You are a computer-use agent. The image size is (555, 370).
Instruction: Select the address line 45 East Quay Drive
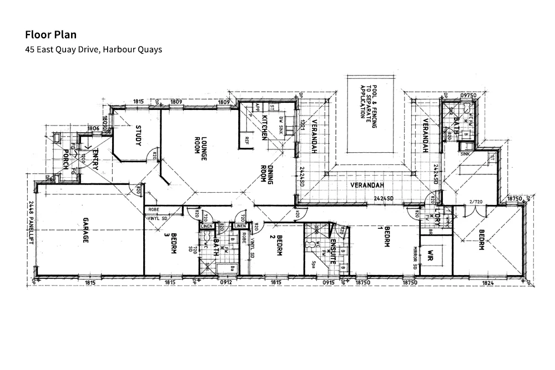point(93,49)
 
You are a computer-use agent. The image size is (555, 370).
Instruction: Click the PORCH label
point(65,162)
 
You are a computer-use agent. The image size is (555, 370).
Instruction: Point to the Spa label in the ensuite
point(314,264)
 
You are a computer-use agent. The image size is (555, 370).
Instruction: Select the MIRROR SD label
point(415,258)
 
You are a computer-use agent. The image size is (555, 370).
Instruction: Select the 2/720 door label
point(477,202)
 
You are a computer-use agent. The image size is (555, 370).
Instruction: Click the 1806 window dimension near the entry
point(93,128)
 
